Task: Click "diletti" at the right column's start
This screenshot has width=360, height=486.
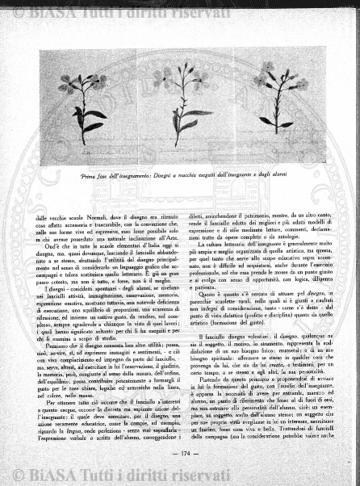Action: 195,207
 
